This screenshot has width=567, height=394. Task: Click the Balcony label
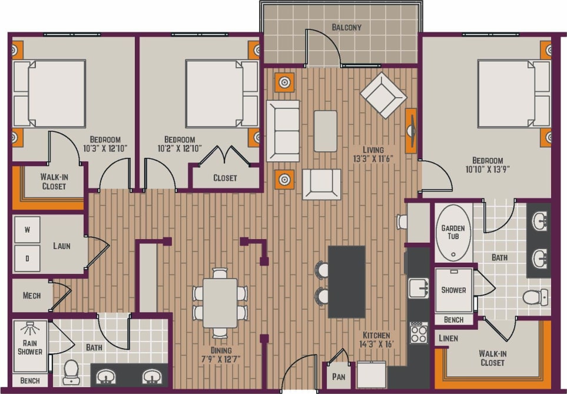point(346,27)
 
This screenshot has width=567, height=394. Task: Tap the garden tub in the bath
point(453,233)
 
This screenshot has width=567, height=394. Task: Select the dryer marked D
point(27,258)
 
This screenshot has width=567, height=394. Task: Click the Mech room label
point(31,296)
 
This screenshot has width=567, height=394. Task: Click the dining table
point(220,302)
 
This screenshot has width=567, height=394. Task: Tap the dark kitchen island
point(346,282)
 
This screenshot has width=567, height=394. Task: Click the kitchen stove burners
point(419,334)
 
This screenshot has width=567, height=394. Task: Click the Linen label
point(448,339)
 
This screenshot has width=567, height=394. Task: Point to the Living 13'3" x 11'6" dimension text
point(372,154)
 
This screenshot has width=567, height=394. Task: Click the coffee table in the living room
point(325,131)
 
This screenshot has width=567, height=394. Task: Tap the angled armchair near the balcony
point(383,95)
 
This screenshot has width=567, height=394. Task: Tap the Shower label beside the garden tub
point(453,290)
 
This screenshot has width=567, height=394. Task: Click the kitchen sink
point(419,288)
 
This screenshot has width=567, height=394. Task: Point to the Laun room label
point(61,246)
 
